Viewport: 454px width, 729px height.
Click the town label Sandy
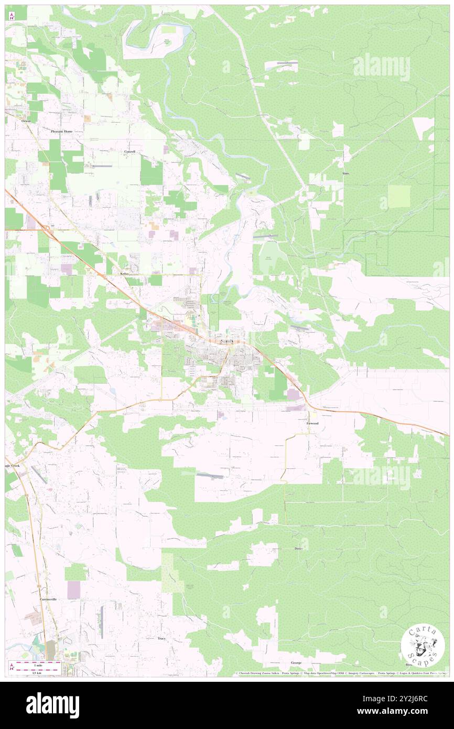coord(227,341)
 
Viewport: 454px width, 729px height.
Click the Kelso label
coord(124,274)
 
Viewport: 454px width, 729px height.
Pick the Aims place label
coord(345,173)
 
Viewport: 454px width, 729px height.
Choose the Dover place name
coord(299,549)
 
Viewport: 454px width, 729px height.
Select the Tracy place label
coord(162,638)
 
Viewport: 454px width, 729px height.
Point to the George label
coord(296,663)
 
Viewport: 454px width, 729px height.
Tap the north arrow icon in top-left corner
coord(12,16)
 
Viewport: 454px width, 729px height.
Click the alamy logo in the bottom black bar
coord(52,705)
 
